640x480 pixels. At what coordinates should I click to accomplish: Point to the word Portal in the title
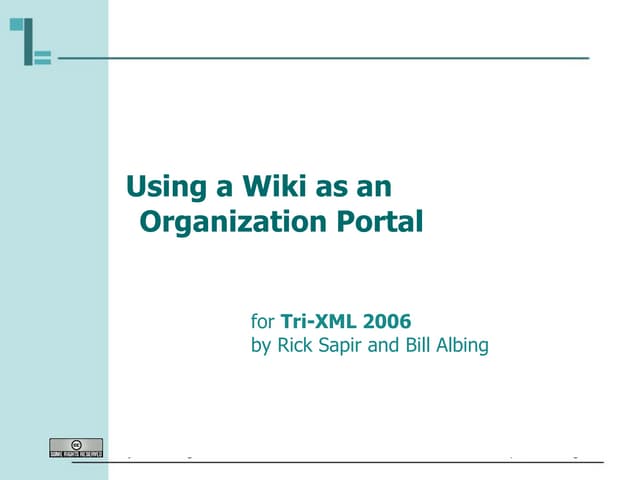(x=386, y=222)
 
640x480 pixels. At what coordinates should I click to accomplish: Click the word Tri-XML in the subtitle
(x=308, y=322)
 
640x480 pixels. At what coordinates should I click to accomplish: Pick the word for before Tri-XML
(x=262, y=322)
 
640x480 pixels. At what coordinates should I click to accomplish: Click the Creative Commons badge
(x=76, y=447)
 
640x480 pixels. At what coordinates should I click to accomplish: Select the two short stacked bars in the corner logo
(x=43, y=57)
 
